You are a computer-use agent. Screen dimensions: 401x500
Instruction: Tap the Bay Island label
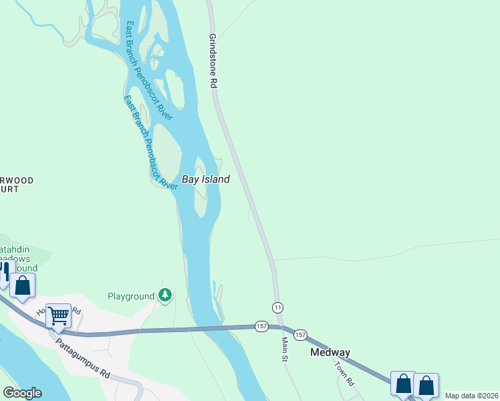coord(206,179)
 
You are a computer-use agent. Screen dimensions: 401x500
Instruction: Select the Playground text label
coord(131,296)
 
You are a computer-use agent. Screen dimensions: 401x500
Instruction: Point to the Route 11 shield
coord(277,307)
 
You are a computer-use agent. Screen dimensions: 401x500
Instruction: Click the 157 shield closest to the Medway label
coord(300,334)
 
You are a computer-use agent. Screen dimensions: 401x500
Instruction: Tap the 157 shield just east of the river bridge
coord(261,326)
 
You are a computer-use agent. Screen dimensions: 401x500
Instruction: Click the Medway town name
coord(330,352)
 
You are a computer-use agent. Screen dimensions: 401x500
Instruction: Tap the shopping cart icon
coord(59,315)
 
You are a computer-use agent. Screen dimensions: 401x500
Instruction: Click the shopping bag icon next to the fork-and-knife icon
coord(23,286)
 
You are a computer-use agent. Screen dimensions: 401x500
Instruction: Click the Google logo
coord(22,393)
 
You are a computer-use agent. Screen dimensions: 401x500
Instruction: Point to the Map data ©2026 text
coord(471,396)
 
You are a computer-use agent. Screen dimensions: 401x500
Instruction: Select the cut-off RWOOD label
coord(17,180)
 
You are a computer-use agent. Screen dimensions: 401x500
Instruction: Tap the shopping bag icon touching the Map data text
coord(426,385)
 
